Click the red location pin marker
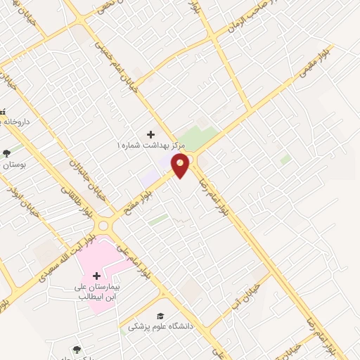[x=181, y=165]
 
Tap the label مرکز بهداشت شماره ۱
[x=150, y=144]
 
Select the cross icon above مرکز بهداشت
[x=150, y=134]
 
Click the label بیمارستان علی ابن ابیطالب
[x=98, y=292]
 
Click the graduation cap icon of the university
[x=160, y=316]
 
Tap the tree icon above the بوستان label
[x=7, y=153]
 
